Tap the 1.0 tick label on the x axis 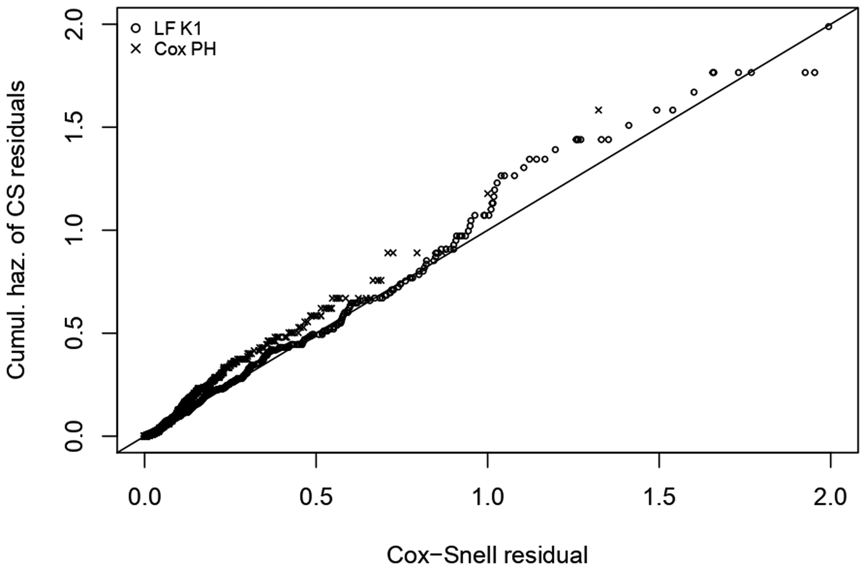tap(487, 498)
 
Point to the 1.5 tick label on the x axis tap(659, 498)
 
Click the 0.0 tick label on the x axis tap(145, 498)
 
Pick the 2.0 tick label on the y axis tap(74, 25)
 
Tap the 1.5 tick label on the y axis tap(74, 127)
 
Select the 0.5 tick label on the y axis tap(74, 333)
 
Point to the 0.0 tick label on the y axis tap(74, 436)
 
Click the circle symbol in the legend tap(136, 28)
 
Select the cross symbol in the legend tap(136, 49)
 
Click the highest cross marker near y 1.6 tap(598, 110)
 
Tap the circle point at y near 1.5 tap(629, 126)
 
